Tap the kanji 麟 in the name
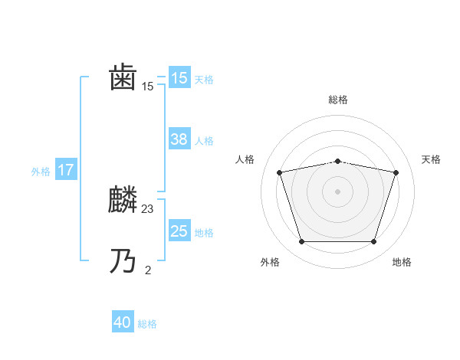123,201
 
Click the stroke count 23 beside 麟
148,208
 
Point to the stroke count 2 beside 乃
148,270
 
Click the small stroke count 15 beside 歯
148,87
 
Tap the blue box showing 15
179,78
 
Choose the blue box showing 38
179,139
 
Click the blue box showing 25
179,231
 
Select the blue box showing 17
66,170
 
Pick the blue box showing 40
123,323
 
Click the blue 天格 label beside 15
204,80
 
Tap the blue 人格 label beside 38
204,141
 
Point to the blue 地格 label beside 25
204,233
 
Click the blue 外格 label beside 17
41,172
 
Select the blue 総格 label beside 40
147,325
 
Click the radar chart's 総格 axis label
338,100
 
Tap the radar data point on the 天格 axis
396,172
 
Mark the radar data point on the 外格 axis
301,242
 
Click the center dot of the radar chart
337,191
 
